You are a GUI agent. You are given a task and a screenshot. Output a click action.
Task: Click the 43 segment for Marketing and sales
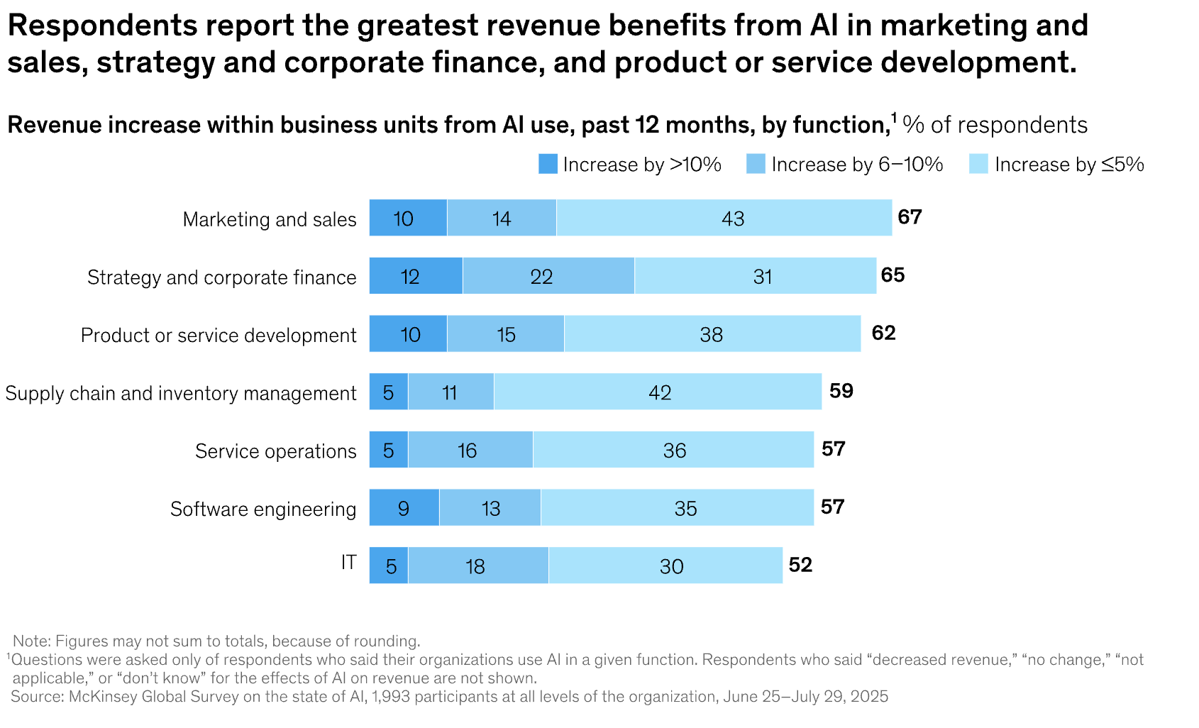724,218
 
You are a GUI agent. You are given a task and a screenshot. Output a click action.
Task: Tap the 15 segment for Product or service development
506,334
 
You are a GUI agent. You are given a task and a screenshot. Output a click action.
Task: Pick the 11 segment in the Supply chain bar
451,392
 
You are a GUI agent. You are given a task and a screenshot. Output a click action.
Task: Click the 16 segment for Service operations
470,451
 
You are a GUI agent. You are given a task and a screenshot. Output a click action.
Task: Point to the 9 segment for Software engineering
404,508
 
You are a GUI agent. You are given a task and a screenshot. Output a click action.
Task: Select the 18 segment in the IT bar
478,566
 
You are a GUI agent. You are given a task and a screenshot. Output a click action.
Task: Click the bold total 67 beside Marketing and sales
910,217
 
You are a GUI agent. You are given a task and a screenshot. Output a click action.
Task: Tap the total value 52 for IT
800,565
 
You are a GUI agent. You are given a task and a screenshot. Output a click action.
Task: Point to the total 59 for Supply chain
841,391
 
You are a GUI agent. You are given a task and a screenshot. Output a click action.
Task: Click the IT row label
348,563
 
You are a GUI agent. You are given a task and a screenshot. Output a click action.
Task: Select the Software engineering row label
263,509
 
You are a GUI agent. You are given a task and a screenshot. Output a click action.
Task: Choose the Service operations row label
275,451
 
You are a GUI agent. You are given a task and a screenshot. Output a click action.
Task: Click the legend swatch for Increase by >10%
548,164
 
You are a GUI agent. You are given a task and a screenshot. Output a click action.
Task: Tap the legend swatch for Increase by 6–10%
756,164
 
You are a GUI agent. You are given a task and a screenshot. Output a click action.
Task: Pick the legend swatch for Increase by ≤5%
978,164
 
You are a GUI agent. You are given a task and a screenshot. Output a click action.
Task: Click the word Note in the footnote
31,641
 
